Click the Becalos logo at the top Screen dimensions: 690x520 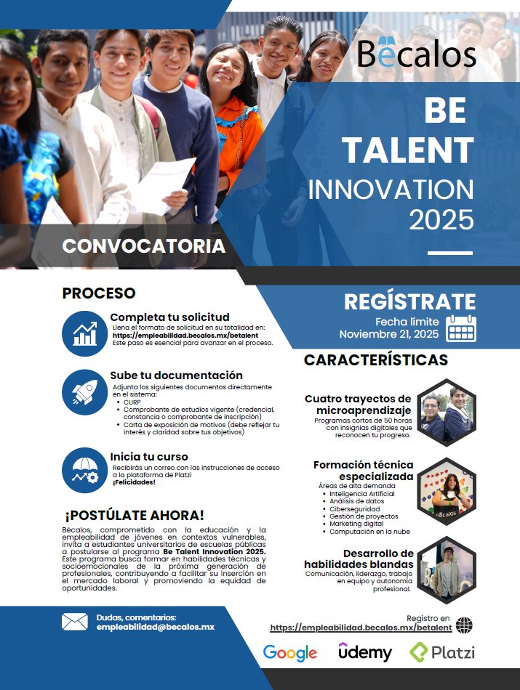(417, 53)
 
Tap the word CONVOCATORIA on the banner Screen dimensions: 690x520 (143, 246)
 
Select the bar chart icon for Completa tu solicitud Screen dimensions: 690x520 (84, 333)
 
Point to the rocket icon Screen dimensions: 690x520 (84, 391)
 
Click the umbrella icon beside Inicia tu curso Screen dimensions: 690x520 (84, 470)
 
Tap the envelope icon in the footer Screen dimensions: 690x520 (74, 622)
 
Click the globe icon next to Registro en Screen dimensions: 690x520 (463, 625)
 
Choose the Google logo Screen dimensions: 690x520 (290, 652)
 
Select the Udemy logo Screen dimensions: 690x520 (364, 652)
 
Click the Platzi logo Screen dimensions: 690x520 (442, 652)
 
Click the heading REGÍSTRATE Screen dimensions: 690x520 (409, 302)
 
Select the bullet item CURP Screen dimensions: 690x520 (132, 402)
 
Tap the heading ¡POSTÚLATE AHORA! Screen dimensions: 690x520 (135, 515)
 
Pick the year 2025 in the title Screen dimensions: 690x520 (441, 219)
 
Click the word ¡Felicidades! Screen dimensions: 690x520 (134, 482)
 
